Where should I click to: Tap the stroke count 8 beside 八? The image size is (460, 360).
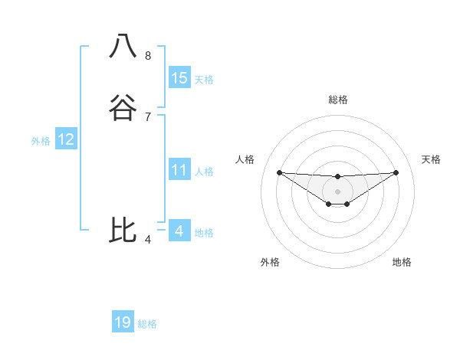pos(147,56)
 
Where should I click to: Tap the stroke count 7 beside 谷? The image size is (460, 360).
pos(147,116)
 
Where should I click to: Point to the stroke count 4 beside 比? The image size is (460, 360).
pos(147,240)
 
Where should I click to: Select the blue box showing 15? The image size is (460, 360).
pos(179,78)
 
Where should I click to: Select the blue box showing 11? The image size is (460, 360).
pos(179,170)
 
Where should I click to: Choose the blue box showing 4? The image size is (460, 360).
pos(179,231)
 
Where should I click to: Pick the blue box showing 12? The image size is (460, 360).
pos(66,139)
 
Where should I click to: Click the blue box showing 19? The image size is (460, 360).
pos(123,322)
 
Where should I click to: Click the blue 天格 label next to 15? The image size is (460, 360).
pos(204,80)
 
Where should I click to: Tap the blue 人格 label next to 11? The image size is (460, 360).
pos(204,172)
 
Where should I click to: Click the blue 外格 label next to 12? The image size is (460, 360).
pos(41,141)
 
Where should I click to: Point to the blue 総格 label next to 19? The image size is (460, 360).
pos(147,324)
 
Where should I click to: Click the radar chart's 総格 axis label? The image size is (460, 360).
pos(337,100)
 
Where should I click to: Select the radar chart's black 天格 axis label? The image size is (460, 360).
pos(432,159)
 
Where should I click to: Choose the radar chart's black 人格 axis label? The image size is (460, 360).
pos(245,159)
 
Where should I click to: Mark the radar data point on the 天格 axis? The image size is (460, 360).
pos(396,172)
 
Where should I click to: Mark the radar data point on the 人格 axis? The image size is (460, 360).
pos(279,172)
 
